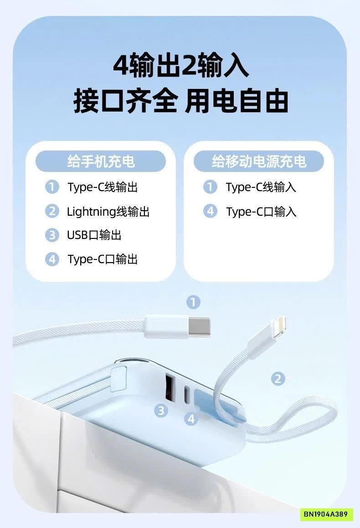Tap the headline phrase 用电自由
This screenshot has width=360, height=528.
click(237, 101)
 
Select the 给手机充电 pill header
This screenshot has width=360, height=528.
click(101, 161)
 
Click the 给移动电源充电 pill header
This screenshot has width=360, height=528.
click(259, 161)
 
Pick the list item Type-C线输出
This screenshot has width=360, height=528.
click(103, 187)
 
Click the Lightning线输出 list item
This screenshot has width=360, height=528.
click(108, 212)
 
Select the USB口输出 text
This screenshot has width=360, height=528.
click(94, 235)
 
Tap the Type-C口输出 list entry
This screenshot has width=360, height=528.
click(103, 259)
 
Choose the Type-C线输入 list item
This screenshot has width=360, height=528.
click(261, 187)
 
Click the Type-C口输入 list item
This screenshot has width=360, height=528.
click(261, 212)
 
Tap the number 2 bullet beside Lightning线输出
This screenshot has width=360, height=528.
click(52, 211)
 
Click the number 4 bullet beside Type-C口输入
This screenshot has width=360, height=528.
click(210, 211)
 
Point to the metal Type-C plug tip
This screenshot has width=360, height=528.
click(200, 326)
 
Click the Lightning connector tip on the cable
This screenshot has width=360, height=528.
click(278, 325)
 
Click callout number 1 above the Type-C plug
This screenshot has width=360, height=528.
click(194, 302)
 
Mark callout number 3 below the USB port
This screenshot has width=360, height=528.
click(160, 411)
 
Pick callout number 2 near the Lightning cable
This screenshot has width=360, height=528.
click(278, 378)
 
